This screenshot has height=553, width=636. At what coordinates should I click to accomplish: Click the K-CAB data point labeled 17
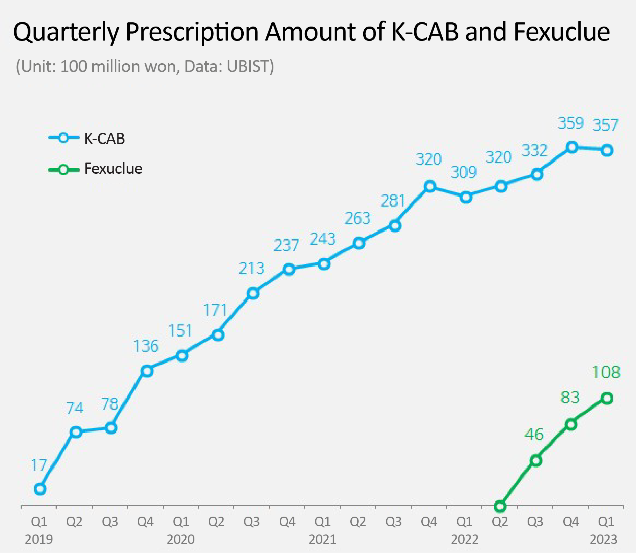(40, 489)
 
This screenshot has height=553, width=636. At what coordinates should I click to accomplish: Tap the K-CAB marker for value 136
(147, 371)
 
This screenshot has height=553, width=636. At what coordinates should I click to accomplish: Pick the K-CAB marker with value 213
(253, 294)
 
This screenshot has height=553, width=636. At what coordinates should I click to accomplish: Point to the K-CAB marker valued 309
(466, 197)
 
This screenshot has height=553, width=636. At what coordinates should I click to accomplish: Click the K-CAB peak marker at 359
(572, 147)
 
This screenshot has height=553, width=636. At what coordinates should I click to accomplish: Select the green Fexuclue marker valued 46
(536, 461)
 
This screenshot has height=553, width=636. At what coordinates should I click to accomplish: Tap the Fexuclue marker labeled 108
(607, 398)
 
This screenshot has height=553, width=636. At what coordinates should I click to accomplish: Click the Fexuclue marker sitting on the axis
(500, 506)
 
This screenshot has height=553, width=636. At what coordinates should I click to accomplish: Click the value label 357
(605, 125)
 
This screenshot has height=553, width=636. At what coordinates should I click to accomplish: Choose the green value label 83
(570, 397)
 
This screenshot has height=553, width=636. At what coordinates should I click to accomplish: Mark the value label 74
(75, 408)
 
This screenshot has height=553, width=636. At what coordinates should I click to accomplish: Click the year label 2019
(39, 539)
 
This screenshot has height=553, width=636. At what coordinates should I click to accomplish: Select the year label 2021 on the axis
(322, 539)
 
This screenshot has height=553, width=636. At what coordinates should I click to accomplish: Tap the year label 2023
(603, 539)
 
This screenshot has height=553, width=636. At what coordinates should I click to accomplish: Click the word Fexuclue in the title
(562, 32)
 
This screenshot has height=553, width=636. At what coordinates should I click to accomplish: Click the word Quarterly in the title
(66, 32)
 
